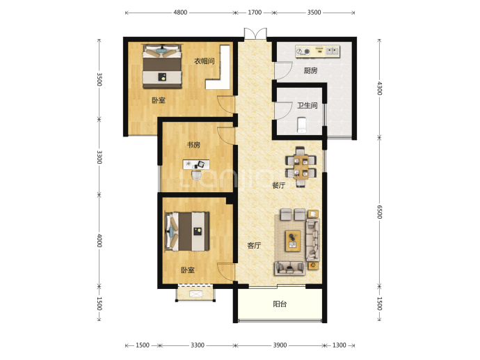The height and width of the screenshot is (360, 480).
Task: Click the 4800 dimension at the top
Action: click(180, 13)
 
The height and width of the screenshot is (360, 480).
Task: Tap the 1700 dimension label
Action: click(255, 13)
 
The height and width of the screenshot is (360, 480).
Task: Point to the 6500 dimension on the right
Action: click(379, 212)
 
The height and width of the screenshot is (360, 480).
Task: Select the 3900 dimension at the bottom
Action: click(280, 345)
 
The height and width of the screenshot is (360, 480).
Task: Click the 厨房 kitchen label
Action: click(310, 71)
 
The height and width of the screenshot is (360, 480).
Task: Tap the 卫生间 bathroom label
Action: click(307, 106)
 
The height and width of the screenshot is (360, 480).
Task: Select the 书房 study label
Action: click(193, 145)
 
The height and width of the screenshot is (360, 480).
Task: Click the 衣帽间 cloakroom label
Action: click(205, 61)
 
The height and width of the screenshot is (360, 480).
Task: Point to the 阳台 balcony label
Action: click(280, 304)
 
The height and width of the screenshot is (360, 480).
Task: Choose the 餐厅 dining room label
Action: click(278, 185)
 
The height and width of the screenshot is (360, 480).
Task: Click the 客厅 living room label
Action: click(254, 245)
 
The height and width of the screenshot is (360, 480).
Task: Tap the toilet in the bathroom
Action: click(302, 125)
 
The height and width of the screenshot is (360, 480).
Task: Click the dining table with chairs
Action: click(301, 167)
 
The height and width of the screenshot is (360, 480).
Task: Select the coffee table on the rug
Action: click(293, 241)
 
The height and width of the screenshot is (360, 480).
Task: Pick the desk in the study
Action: click(197, 164)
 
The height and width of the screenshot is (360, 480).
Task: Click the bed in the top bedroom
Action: click(162, 66)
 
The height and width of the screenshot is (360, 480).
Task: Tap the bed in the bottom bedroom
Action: click(187, 231)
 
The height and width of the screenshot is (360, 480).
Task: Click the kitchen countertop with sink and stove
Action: click(317, 51)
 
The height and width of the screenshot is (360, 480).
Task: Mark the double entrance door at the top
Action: click(255, 33)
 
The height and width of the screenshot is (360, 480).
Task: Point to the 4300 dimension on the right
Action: click(379, 88)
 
